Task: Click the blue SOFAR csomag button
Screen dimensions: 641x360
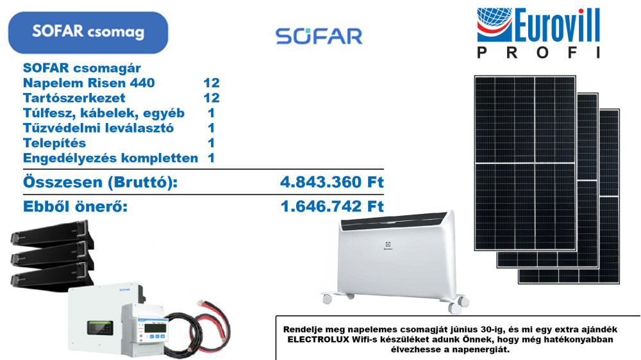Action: [x=88, y=33]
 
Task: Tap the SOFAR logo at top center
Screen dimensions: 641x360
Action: [x=319, y=36]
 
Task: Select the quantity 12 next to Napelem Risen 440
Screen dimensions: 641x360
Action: [x=212, y=83]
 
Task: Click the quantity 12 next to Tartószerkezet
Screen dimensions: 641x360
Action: [x=212, y=98]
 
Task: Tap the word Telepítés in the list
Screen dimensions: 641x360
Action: [x=54, y=143]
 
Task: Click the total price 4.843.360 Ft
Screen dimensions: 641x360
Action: [x=332, y=182]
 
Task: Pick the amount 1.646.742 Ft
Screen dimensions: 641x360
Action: [x=332, y=206]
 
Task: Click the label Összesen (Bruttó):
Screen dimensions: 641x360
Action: [x=100, y=183]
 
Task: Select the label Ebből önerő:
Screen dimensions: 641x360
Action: [x=75, y=206]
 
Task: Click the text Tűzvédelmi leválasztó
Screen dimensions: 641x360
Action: [x=98, y=128]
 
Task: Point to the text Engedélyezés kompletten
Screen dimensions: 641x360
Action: [x=110, y=158]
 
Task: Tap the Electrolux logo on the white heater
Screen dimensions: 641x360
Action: [x=388, y=246]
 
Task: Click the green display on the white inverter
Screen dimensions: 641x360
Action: [x=100, y=328]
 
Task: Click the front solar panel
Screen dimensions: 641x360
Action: [x=525, y=163]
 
